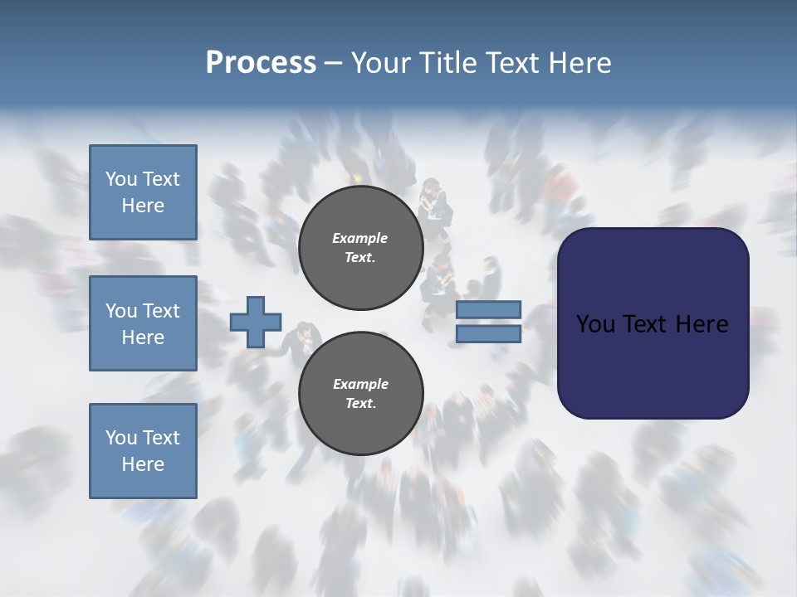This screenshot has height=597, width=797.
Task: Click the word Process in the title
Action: (261, 63)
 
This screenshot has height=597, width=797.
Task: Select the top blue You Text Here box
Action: (143, 192)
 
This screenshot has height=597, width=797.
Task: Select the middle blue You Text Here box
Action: (143, 323)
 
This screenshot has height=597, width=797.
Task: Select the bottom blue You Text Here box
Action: (143, 451)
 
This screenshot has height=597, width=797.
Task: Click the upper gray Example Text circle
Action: (360, 248)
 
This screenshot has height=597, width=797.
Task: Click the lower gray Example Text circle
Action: (360, 394)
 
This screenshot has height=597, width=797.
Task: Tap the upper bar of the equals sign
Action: (488, 309)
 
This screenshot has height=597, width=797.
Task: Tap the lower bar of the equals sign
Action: (488, 334)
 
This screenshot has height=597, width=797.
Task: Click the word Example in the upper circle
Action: (360, 238)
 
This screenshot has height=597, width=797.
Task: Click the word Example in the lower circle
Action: (360, 384)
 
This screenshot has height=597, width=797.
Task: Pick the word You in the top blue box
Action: (121, 179)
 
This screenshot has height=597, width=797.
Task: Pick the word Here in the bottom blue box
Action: (143, 464)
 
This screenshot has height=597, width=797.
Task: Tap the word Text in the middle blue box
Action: (160, 311)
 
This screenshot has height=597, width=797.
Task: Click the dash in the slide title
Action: (333, 63)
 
